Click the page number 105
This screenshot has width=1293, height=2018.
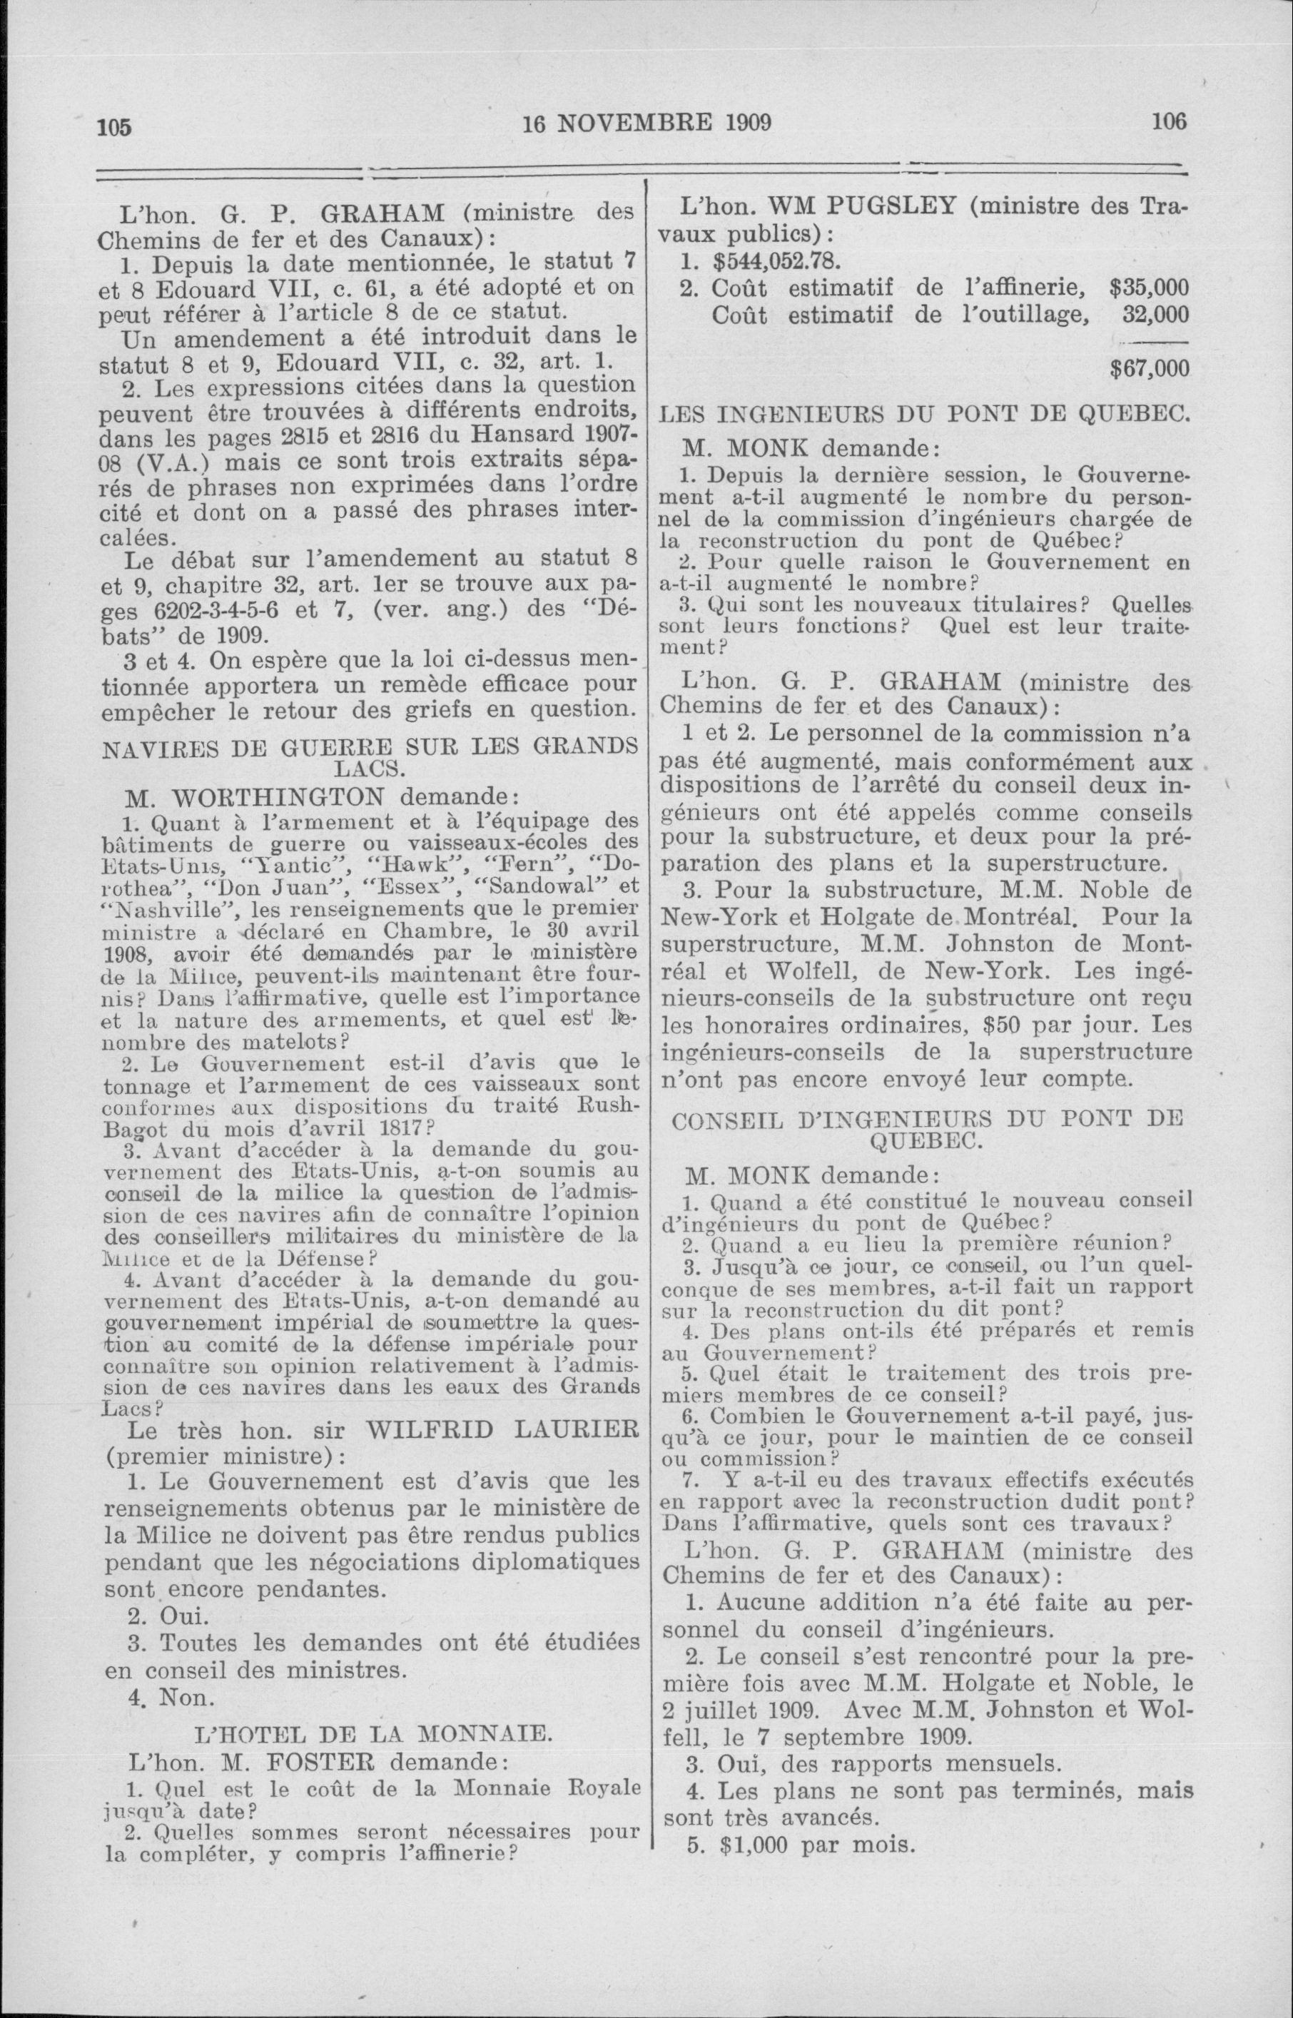tap(115, 128)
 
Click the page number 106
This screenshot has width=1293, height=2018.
tap(1169, 123)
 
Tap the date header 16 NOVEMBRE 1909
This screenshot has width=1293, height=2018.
tap(646, 123)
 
